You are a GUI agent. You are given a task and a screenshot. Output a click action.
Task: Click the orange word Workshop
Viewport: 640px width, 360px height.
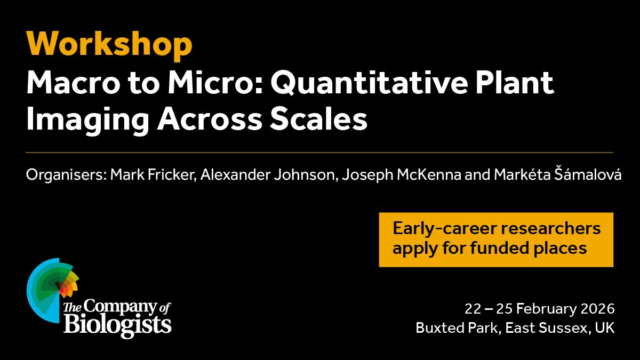109,45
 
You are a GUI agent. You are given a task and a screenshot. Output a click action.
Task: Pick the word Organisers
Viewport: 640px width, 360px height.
66,174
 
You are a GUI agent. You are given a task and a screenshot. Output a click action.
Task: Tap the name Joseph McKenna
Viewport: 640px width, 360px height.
402,174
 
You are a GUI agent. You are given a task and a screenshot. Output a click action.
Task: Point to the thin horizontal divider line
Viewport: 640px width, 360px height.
319,153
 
